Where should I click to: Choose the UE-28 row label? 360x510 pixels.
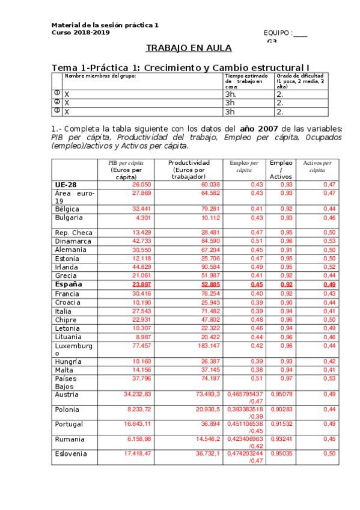66,184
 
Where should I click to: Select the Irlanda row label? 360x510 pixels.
67,267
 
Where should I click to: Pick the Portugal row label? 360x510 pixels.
69,423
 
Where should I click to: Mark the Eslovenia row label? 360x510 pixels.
71,453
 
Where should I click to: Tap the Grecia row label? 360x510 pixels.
66,275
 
